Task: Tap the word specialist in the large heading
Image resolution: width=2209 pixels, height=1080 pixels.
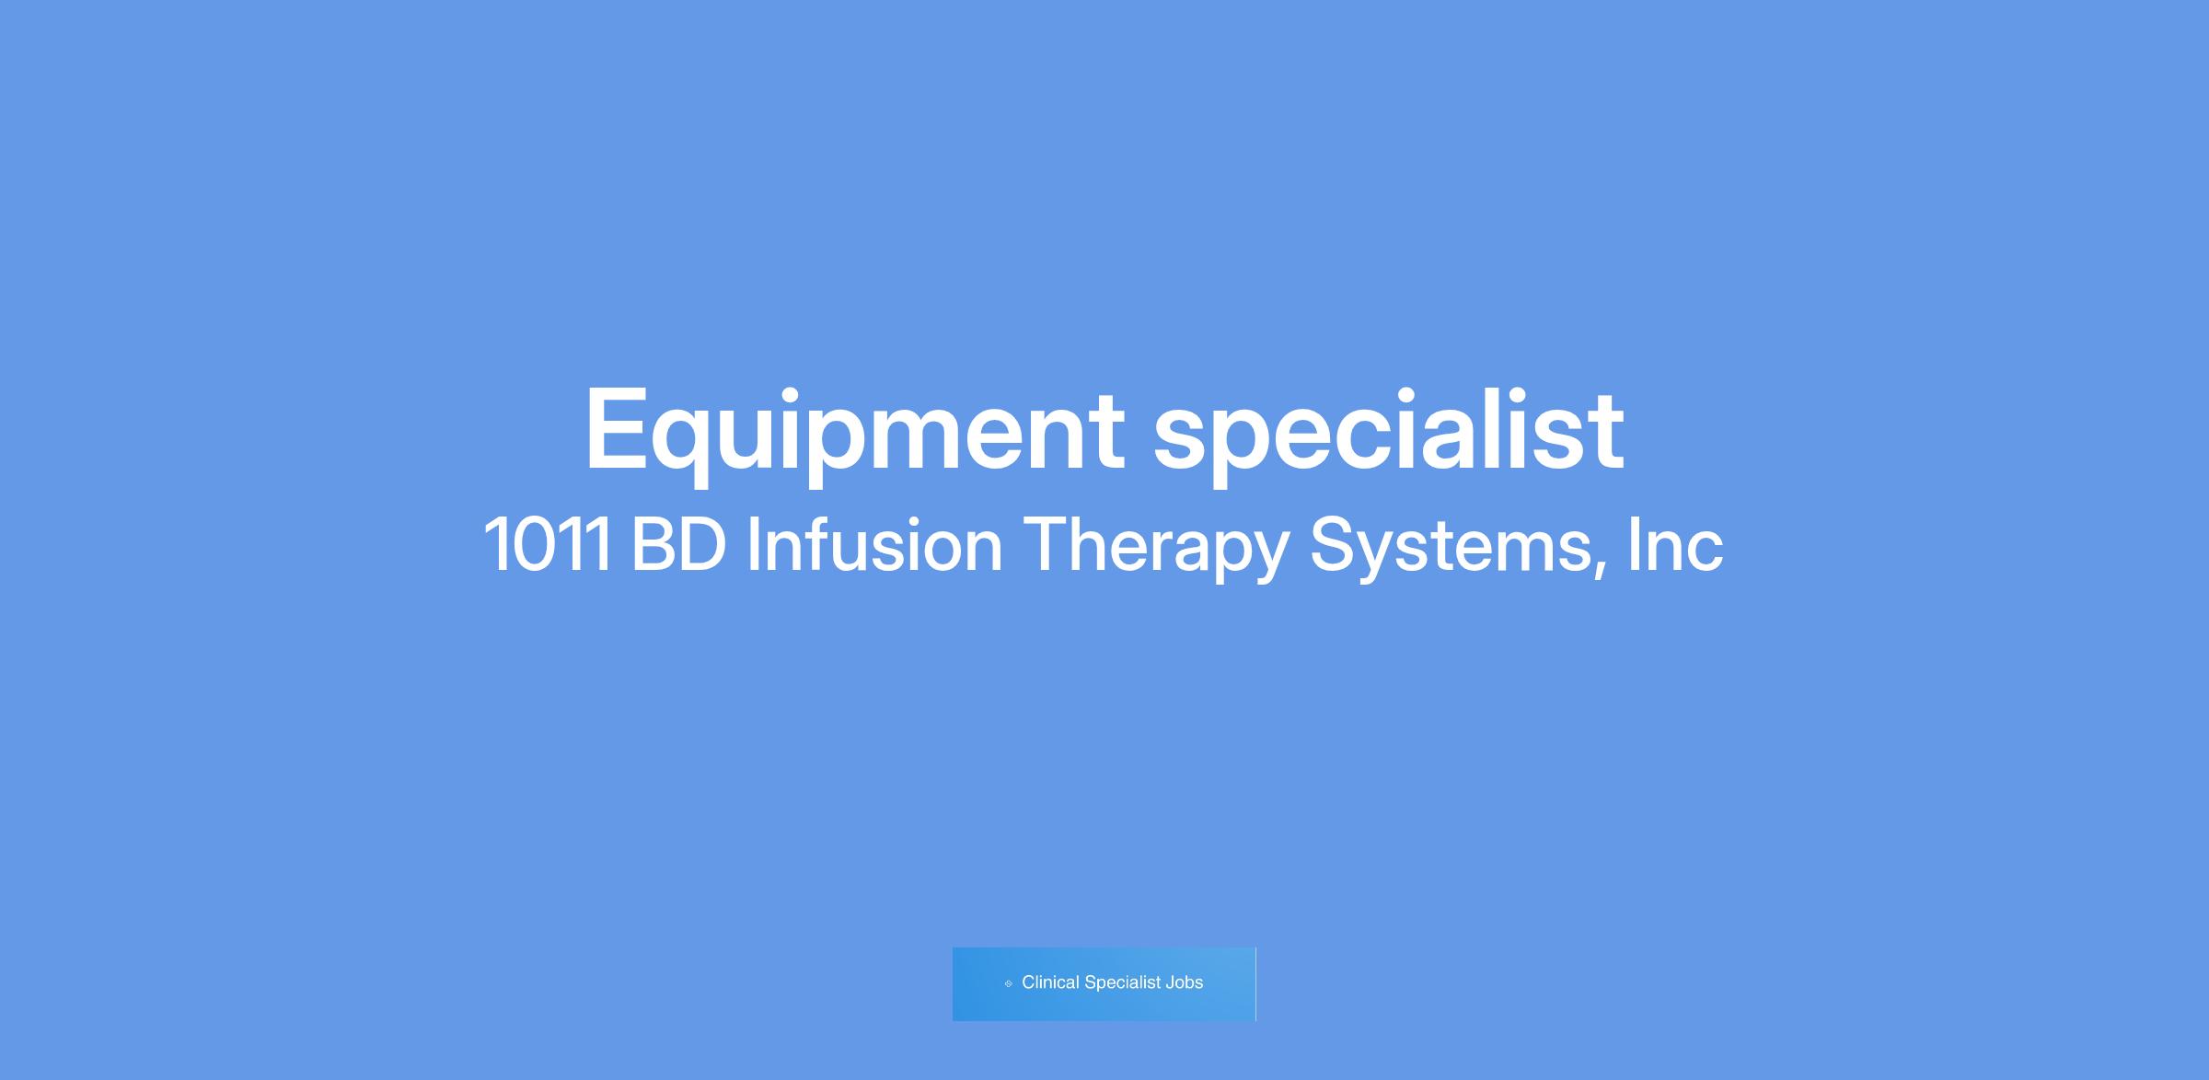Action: click(x=1389, y=429)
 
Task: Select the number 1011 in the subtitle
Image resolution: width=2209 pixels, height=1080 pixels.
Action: click(x=548, y=544)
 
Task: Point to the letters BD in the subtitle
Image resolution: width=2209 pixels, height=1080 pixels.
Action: click(x=678, y=544)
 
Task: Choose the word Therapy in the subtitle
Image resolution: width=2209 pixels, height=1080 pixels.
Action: click(x=1155, y=549)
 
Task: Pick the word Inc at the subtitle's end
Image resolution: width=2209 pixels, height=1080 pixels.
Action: click(x=1675, y=544)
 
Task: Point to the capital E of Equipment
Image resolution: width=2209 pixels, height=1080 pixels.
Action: click(x=616, y=428)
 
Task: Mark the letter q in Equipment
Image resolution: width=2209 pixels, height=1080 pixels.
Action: click(x=682, y=447)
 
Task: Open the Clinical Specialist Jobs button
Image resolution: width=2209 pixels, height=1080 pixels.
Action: click(x=1104, y=984)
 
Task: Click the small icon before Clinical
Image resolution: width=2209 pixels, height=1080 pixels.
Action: click(x=1008, y=983)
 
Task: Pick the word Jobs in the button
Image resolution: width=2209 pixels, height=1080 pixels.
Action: click(x=1185, y=982)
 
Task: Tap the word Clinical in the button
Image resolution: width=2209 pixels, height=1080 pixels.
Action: click(x=1050, y=982)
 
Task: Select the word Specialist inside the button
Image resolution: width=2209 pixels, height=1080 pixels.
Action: click(x=1122, y=983)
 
